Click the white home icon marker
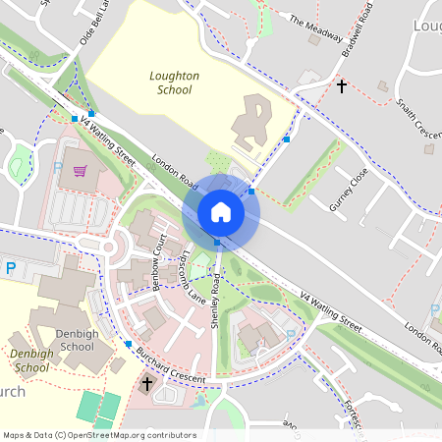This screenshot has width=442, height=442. pos(220,212)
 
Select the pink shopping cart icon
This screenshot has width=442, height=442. pos(80,172)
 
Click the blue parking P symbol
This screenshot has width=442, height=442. pos(11,267)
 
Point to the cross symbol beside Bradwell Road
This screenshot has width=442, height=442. pos(342,86)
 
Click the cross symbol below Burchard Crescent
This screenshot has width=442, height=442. pos(147,384)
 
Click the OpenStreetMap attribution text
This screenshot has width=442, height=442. pos(99,435)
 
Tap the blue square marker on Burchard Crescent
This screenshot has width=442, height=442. pos(128,344)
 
